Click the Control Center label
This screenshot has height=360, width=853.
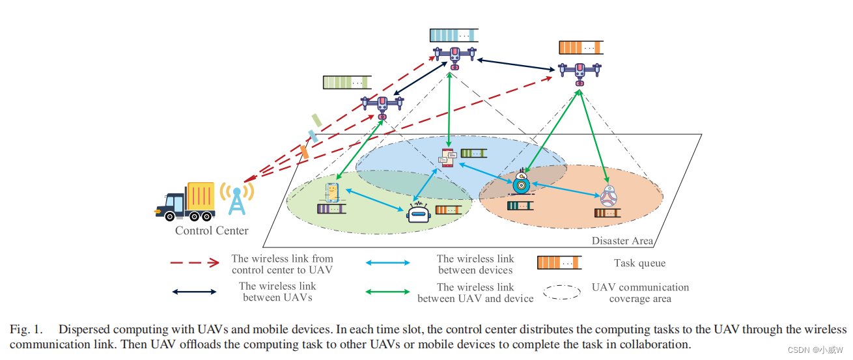click(212, 230)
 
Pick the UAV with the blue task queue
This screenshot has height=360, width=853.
click(454, 56)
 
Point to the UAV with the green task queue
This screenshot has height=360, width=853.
click(382, 105)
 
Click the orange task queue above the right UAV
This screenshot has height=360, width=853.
click(581, 48)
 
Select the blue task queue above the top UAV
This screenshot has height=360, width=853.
click(453, 35)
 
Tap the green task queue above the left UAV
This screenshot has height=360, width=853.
click(346, 83)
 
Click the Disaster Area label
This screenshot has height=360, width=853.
click(622, 241)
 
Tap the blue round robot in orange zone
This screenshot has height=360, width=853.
click(521, 184)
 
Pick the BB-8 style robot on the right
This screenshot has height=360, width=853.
click(608, 195)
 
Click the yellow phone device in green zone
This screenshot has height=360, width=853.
click(333, 192)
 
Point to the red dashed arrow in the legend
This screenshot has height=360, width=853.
click(194, 264)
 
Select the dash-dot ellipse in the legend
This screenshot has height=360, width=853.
click(562, 292)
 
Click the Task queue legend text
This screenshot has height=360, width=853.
click(639, 264)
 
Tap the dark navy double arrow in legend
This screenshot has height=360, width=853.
click(194, 292)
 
